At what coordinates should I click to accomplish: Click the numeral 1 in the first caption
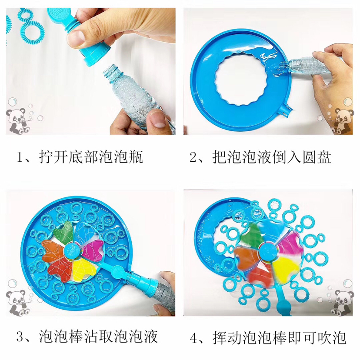pyautogui.click(x=20, y=157)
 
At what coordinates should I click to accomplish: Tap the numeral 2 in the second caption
pyautogui.click(x=193, y=157)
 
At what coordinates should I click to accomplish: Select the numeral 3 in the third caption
pyautogui.click(x=20, y=337)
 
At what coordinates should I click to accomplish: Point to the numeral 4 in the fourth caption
pyautogui.click(x=194, y=338)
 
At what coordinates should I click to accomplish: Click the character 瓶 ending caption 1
pyautogui.click(x=136, y=157)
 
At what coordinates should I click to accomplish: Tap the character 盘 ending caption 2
pyautogui.click(x=324, y=157)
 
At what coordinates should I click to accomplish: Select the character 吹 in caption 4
pyautogui.click(x=324, y=338)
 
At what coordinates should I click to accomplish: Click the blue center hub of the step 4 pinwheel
pyautogui.click(x=268, y=251)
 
